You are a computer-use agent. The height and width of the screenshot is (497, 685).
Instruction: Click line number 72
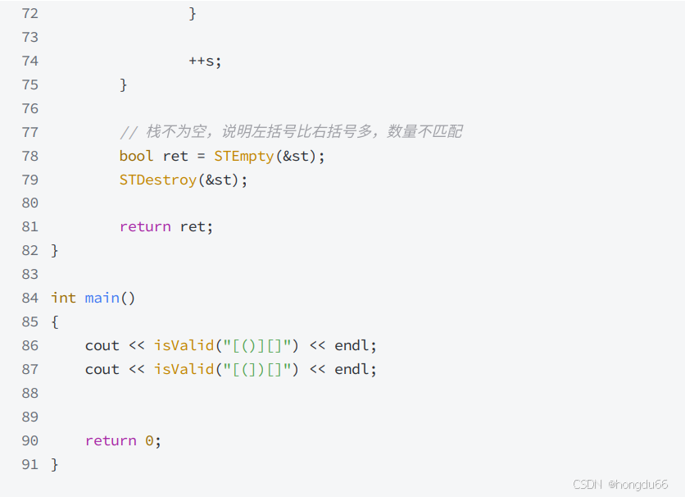click(29, 13)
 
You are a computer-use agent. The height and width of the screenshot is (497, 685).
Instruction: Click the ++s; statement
click(205, 61)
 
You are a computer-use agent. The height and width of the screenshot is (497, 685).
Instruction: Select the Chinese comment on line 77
click(291, 132)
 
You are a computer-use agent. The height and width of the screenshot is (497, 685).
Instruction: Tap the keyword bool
click(136, 156)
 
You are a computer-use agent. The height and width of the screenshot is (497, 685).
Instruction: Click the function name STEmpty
click(243, 156)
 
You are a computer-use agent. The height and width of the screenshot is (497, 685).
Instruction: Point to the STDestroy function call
click(158, 180)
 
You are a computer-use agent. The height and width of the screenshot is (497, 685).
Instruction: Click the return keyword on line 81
click(145, 226)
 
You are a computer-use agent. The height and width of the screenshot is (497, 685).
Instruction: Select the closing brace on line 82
click(55, 250)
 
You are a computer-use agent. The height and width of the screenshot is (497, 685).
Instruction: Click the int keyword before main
click(63, 298)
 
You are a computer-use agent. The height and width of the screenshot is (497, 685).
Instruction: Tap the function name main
click(102, 298)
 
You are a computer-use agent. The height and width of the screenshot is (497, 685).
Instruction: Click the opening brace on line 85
click(55, 321)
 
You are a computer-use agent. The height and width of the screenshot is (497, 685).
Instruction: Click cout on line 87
click(102, 369)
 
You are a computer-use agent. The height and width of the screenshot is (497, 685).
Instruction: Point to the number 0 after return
click(149, 440)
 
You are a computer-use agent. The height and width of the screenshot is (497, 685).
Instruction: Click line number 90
click(29, 440)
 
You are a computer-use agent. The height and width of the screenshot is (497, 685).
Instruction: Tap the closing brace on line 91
click(55, 464)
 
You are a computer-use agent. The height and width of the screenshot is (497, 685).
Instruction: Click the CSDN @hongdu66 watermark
click(620, 484)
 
